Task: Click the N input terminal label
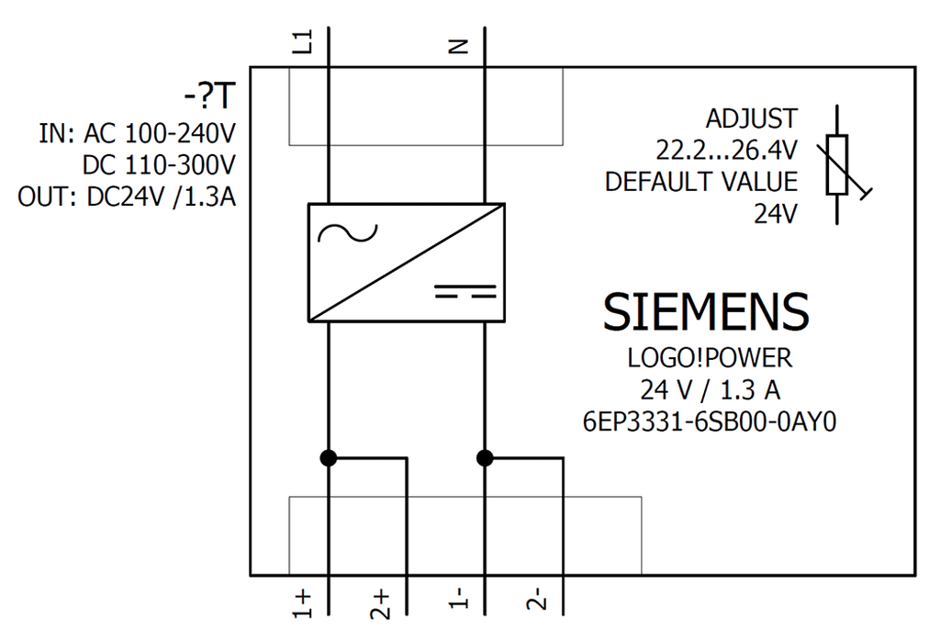(x=459, y=46)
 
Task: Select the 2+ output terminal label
(x=380, y=604)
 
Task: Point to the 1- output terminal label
(x=459, y=598)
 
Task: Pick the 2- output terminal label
(x=536, y=599)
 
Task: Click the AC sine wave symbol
(x=348, y=233)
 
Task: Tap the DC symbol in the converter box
(x=465, y=292)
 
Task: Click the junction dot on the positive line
(x=329, y=458)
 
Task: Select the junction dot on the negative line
(x=485, y=458)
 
